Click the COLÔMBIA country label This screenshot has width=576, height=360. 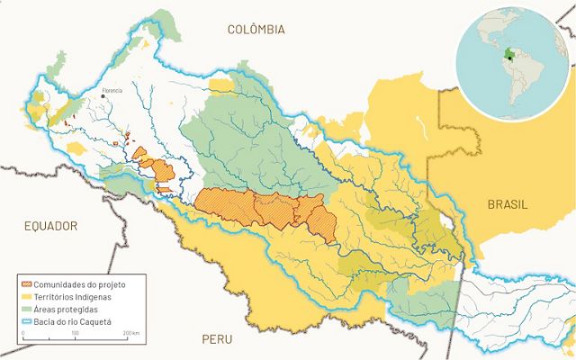[256, 30]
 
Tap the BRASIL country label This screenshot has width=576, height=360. [508, 204]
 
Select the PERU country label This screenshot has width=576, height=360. [217, 339]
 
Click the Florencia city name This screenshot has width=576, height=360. [112, 90]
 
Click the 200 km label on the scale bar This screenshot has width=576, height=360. [131, 334]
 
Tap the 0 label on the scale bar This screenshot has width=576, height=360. [23, 334]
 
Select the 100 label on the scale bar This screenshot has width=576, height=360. [75, 334]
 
